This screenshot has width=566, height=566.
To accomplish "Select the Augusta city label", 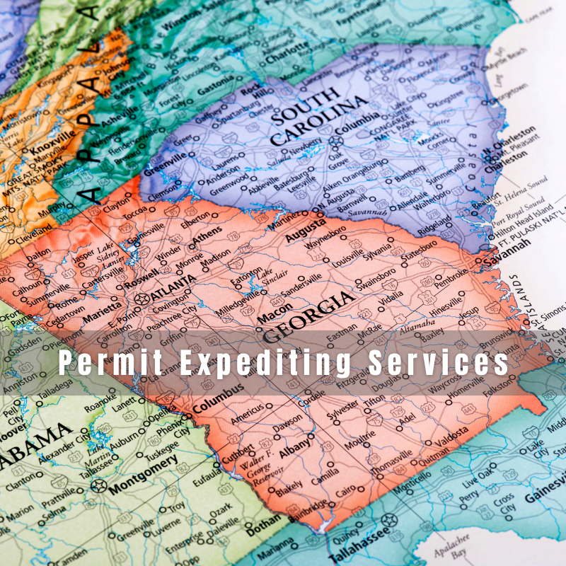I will tap(305, 231).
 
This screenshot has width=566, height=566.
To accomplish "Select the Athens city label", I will tap(207, 239).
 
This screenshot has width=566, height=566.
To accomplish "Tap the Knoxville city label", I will tap(52, 143).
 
